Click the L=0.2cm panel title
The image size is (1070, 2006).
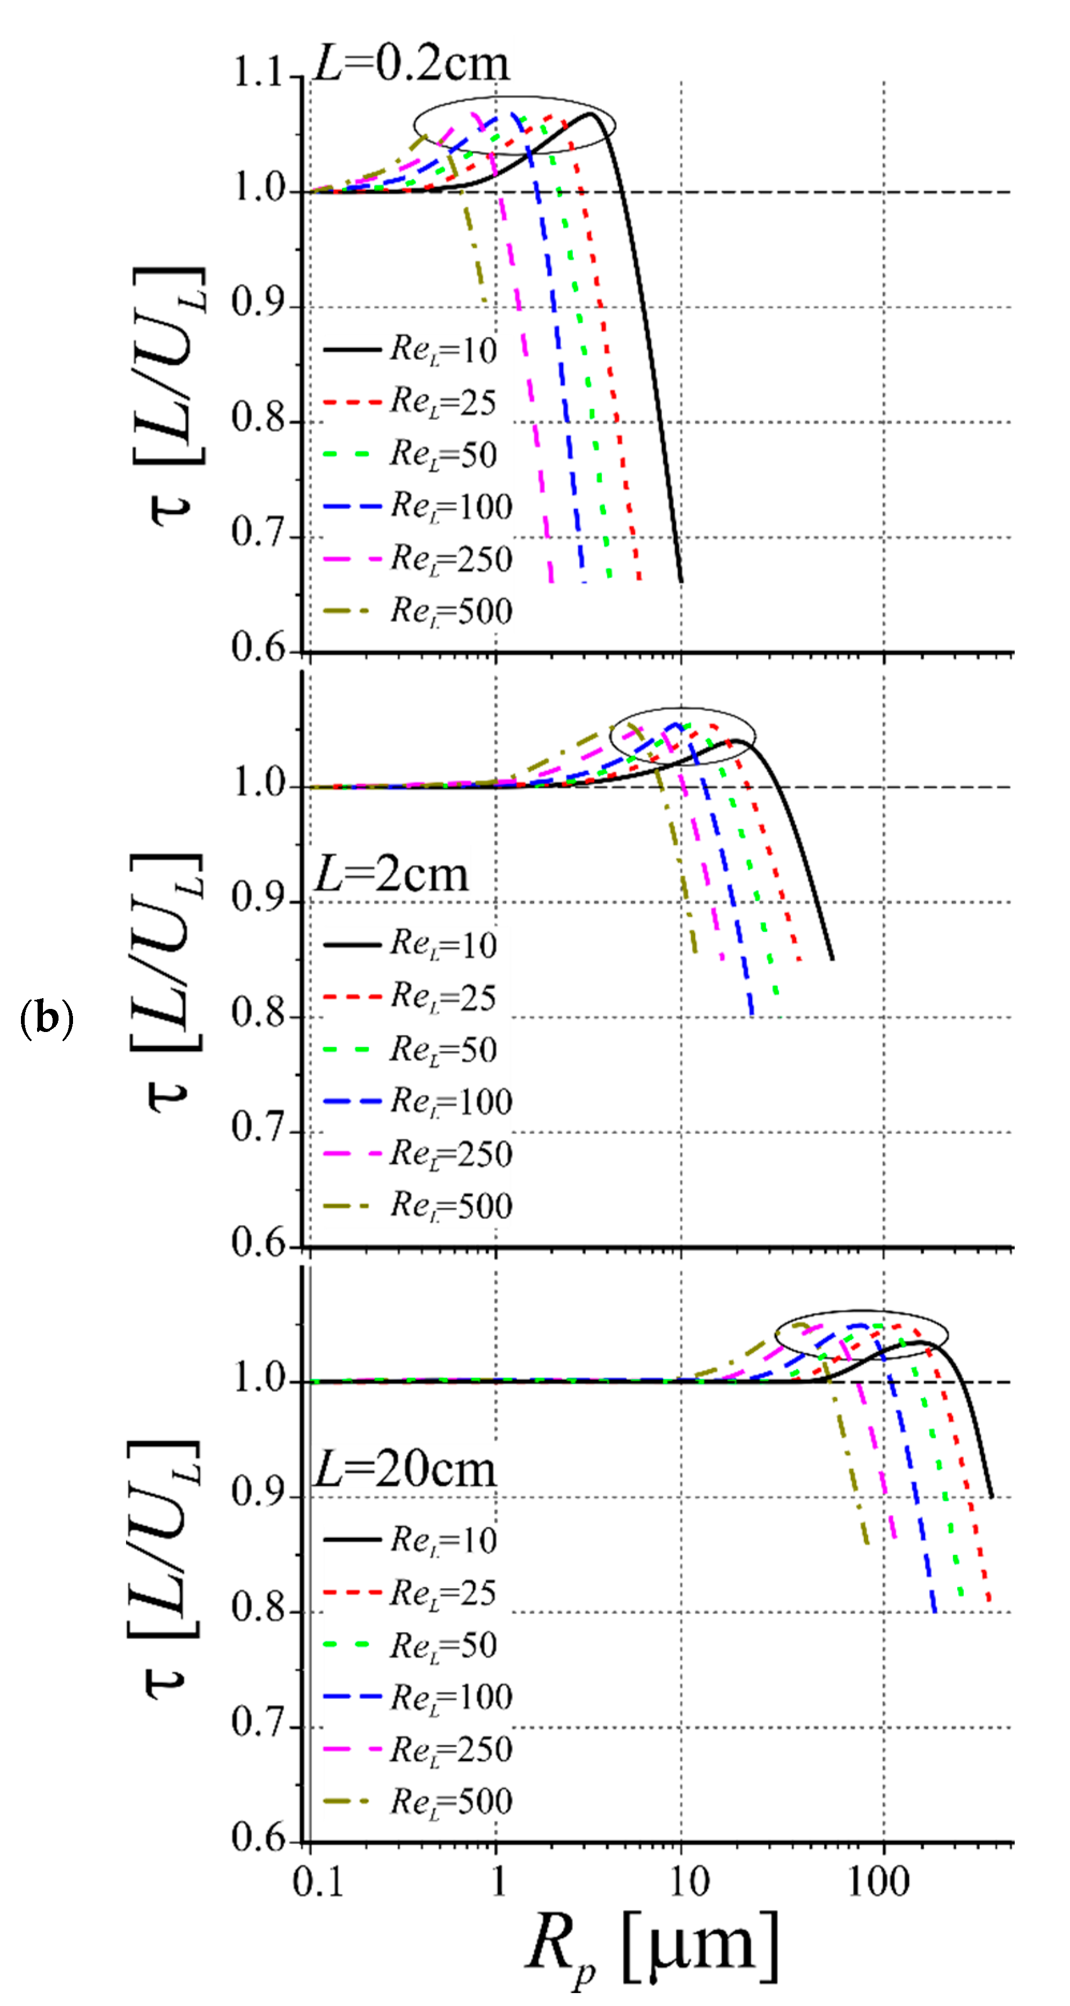pyautogui.click(x=411, y=64)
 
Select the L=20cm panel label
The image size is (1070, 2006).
pyautogui.click(x=404, y=1470)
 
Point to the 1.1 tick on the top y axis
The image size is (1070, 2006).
pyautogui.click(x=259, y=76)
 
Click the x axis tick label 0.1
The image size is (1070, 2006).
pyautogui.click(x=318, y=1883)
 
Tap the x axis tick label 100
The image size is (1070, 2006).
pyautogui.click(x=878, y=1883)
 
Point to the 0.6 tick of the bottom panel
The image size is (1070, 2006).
pyautogui.click(x=259, y=1840)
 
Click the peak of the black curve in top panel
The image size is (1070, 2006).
pyautogui.click(x=591, y=114)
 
